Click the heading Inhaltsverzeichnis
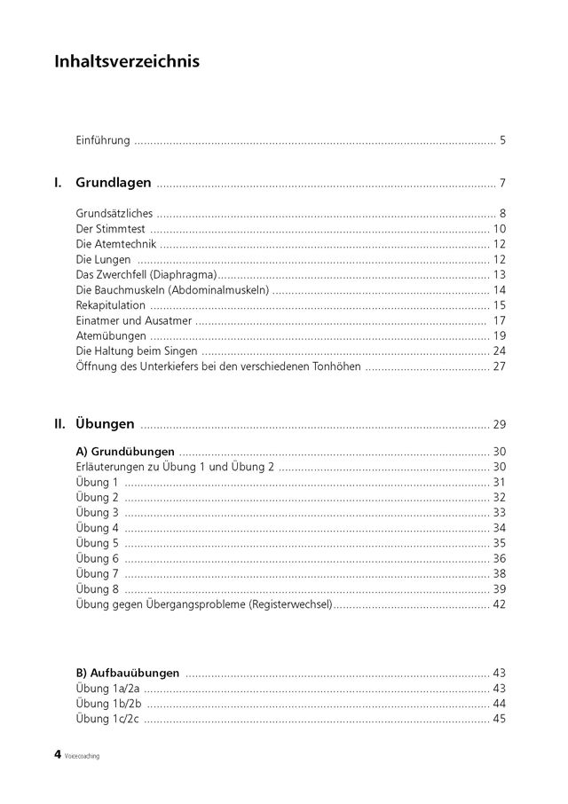[127, 61]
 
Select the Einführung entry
[104, 140]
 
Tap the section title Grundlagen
[114, 184]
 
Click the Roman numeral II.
[60, 423]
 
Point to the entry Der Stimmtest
[111, 229]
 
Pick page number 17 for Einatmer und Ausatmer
[499, 320]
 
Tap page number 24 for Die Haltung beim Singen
[499, 351]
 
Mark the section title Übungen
[106, 423]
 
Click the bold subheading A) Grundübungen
[125, 452]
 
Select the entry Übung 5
[98, 542]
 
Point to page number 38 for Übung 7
[499, 573]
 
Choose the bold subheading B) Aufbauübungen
[129, 673]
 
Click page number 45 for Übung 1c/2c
[499, 718]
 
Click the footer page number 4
[58, 755]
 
